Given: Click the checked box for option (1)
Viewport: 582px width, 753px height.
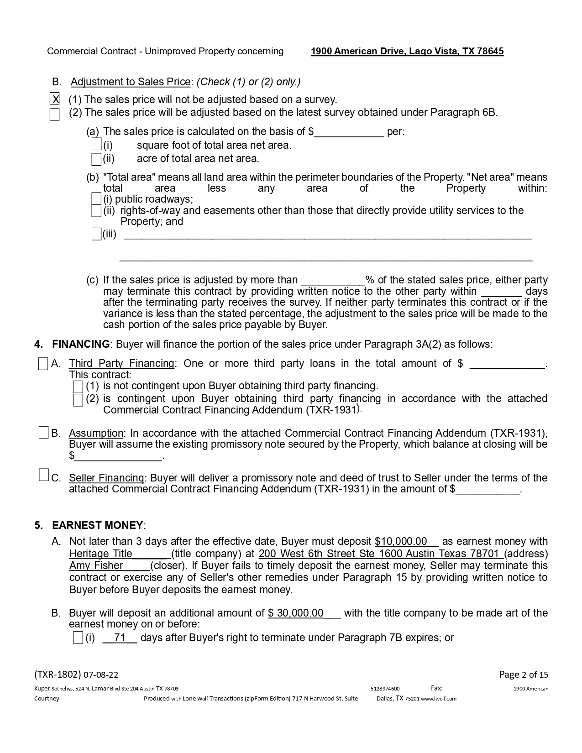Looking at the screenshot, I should (54, 99).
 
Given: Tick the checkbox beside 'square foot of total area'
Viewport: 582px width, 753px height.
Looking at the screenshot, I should (96, 145).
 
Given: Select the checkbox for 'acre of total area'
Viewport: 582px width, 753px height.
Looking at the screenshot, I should (96, 159).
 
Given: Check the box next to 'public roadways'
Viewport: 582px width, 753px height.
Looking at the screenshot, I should (96, 199).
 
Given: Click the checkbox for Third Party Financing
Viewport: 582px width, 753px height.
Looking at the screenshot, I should (43, 364).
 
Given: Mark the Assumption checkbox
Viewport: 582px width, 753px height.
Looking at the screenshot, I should (43, 433).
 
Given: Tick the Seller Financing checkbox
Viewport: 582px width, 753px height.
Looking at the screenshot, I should (43, 475).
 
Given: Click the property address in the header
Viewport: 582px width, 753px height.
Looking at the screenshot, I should (407, 51).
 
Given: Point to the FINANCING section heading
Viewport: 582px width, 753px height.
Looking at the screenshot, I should (81, 344).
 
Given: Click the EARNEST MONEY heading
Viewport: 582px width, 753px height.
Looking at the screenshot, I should (98, 525).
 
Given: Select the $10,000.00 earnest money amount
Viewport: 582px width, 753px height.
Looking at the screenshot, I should (401, 542).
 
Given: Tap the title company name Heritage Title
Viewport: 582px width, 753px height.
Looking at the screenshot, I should (101, 554).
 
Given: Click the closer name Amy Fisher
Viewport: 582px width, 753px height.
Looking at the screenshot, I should (96, 566).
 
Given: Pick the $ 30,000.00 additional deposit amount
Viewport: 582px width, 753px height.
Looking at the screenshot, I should (296, 613).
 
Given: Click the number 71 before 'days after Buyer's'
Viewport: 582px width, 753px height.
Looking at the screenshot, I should (120, 638).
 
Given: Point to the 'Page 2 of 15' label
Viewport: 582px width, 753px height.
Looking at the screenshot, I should (524, 675).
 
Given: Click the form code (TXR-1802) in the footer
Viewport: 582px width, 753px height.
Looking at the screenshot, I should (58, 675).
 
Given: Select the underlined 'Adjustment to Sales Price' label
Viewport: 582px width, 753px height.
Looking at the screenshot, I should (131, 82).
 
